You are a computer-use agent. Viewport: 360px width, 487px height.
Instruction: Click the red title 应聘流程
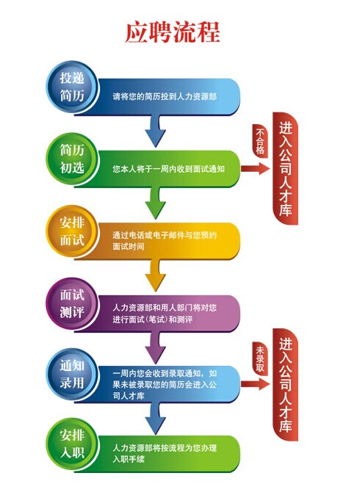(172, 32)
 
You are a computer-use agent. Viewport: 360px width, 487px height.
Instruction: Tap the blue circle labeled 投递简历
(72, 87)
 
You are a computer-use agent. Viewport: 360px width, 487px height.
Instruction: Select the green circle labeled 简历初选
(72, 159)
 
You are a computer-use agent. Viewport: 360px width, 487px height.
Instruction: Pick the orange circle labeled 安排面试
(72, 231)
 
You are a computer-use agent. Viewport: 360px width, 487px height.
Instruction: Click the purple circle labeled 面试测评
(72, 303)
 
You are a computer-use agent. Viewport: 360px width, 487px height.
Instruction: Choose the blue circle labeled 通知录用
(72, 375)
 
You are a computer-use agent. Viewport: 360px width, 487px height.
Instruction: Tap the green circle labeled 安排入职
(72, 444)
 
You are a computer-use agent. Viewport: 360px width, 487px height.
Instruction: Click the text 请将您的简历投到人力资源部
(165, 97)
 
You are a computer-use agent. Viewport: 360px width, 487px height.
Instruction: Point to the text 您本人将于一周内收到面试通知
(168, 169)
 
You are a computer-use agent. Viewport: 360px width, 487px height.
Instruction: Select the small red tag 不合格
(260, 141)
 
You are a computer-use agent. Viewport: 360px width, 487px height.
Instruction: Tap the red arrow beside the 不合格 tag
(256, 169)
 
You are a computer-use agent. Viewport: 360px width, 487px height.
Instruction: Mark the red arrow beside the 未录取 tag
(256, 384)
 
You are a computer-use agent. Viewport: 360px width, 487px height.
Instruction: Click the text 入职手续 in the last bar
(129, 459)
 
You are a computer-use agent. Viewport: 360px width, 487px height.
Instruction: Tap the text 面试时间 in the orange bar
(129, 247)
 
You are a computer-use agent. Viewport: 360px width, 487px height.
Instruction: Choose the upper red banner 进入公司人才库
(286, 168)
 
